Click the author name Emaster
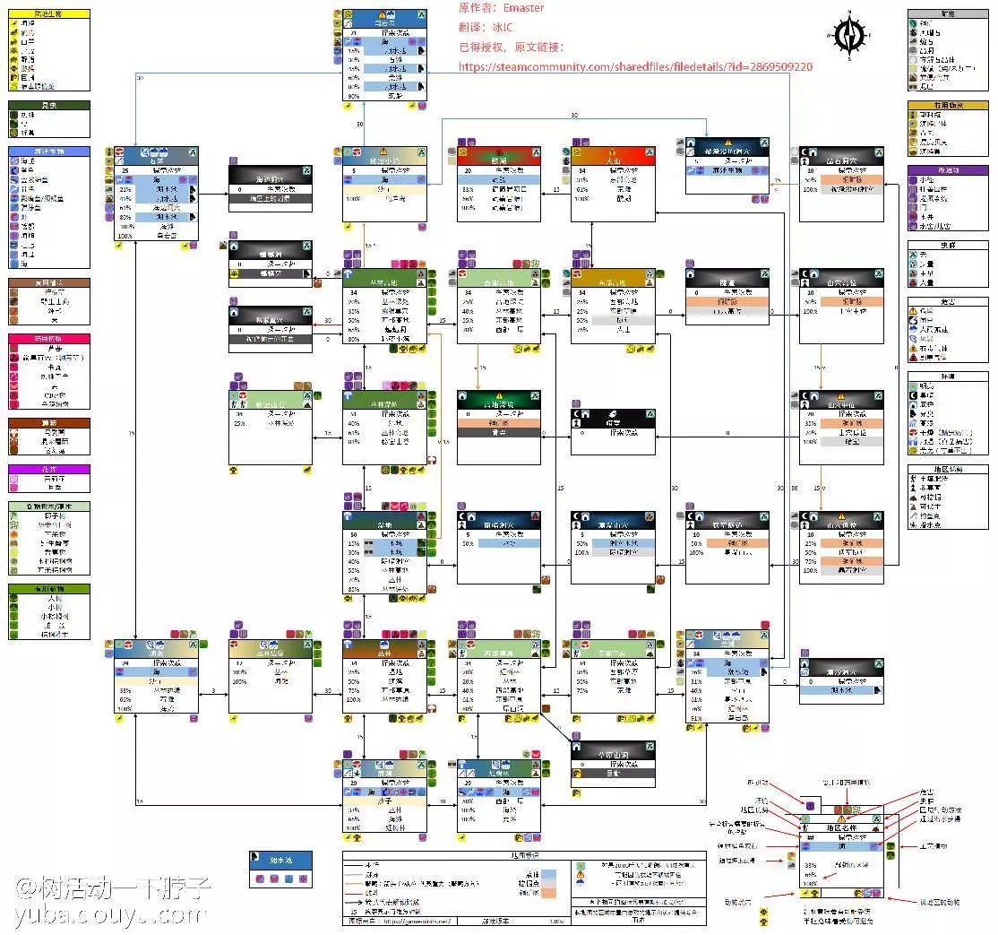point(523,8)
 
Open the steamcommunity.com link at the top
point(635,66)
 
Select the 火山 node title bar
point(614,152)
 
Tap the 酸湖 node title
point(498,152)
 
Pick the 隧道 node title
point(727,281)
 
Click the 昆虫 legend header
point(49,105)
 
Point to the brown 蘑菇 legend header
point(49,422)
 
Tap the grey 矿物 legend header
point(949,14)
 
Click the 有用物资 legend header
point(949,105)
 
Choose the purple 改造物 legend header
point(949,169)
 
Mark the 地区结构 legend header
point(949,469)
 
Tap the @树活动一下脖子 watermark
point(112,887)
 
